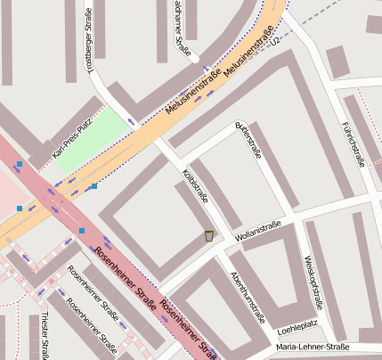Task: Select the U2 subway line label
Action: [x=277, y=40]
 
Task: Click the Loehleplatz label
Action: [x=297, y=326]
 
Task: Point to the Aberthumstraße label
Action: [x=247, y=297]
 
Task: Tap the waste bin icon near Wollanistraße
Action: [x=208, y=236]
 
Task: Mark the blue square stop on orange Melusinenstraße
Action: [x=93, y=186]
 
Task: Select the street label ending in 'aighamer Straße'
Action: [x=183, y=29]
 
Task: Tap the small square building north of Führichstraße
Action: [x=337, y=61]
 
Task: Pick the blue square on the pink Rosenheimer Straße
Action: [x=81, y=231]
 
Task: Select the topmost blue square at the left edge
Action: [x=19, y=164]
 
